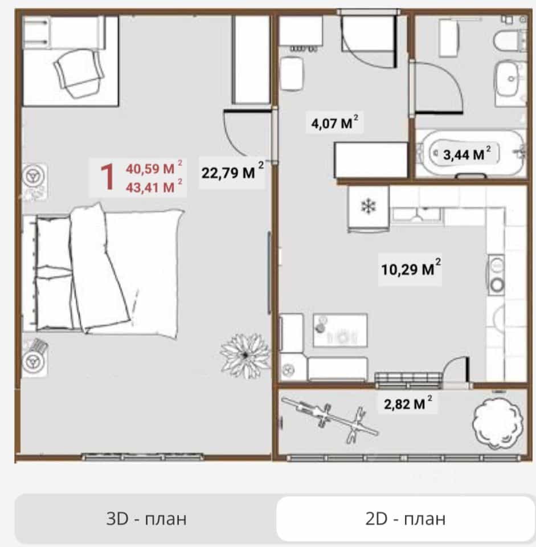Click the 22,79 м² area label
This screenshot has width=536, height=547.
point(232,171)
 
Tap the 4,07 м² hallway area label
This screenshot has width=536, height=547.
point(334,122)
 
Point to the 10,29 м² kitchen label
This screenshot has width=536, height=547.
point(411,268)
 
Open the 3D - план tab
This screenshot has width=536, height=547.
point(146,519)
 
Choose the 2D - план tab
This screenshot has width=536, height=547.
point(405,519)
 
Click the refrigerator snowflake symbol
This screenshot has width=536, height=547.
point(369,206)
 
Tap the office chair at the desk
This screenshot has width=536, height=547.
point(79,72)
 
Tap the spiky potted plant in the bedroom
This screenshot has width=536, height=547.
point(246,355)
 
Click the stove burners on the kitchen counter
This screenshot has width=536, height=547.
point(496,275)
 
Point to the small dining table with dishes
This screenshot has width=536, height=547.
point(340,330)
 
